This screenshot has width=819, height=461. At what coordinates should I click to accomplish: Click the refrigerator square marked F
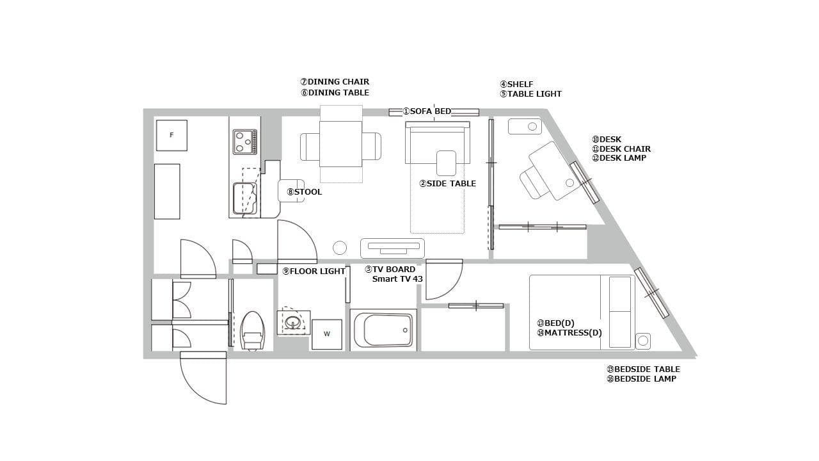(171, 135)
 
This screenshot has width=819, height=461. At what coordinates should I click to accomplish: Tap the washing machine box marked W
(327, 334)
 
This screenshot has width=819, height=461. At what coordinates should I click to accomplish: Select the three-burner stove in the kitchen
(245, 142)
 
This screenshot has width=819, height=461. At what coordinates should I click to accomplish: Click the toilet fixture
(252, 331)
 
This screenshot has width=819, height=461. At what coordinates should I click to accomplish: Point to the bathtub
(383, 330)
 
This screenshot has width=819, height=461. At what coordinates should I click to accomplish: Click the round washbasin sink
(293, 323)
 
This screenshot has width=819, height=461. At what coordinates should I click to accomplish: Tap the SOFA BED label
(427, 111)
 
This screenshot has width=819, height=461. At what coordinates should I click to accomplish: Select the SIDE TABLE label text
(447, 184)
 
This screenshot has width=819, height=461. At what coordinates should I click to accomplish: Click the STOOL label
(304, 192)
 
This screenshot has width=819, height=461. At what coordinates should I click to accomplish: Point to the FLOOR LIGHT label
(314, 271)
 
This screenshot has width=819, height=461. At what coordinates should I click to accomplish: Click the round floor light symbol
(340, 248)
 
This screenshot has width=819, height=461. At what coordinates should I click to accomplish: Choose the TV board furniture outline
(392, 248)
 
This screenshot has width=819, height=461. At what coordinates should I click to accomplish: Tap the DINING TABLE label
(335, 93)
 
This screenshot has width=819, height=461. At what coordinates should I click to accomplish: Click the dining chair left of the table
(310, 147)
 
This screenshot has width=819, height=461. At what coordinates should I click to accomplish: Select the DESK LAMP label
(619, 158)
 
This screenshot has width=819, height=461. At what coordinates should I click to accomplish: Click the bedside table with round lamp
(643, 341)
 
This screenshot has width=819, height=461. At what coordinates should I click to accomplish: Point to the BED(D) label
(555, 323)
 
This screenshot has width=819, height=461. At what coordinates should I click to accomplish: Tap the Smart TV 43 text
(397, 279)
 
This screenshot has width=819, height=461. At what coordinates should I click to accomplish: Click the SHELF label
(516, 85)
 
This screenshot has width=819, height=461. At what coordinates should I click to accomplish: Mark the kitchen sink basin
(245, 198)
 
